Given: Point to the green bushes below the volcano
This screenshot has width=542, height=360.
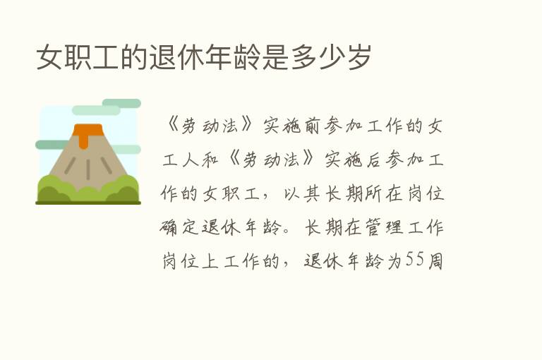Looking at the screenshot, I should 88,189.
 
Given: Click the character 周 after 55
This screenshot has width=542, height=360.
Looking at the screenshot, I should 435,261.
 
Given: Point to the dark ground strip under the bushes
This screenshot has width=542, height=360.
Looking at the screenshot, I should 88,203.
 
